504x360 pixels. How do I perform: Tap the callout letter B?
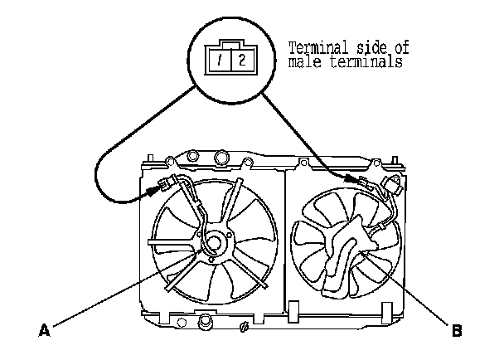[x=457, y=331]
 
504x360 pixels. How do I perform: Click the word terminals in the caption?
[x=364, y=62]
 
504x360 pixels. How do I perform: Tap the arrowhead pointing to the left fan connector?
[x=152, y=189]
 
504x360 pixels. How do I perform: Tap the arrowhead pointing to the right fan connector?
[x=357, y=178]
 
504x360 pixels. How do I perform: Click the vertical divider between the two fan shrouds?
[x=284, y=241]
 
